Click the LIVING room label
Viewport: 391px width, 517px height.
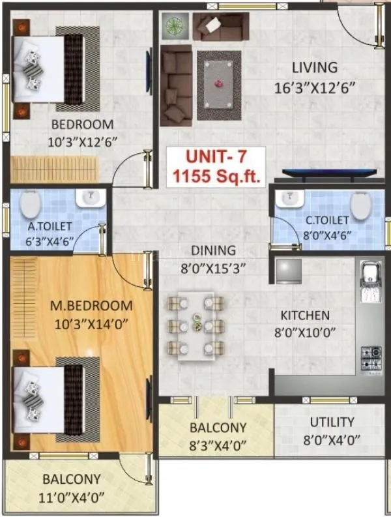coord(314,67)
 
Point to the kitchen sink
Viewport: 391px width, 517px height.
coord(369,280)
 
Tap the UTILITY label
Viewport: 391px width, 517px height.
coord(332,422)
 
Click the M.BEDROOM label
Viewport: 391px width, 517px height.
coord(91,306)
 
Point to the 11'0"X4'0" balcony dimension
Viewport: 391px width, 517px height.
coord(72,495)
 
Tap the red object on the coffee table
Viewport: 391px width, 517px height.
coord(219,83)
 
